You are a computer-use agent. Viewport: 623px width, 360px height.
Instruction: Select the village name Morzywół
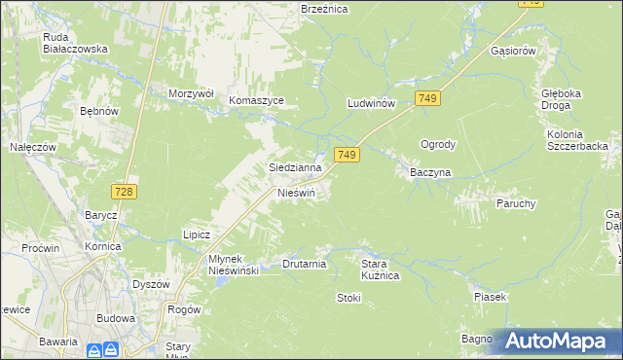[190, 93]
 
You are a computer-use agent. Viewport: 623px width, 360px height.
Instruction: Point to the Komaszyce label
[256, 100]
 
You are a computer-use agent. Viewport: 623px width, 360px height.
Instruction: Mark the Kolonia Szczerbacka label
[577, 139]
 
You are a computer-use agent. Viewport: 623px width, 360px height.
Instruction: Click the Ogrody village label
[438, 144]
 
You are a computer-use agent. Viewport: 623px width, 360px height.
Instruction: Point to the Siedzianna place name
[295, 167]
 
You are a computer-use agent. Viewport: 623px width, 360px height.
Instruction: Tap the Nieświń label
[297, 194]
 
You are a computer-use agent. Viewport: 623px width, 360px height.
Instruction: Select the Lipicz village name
[197, 234]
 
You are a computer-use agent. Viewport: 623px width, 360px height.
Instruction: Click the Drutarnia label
[304, 264]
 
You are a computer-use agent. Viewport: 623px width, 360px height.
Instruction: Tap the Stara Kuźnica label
[381, 270]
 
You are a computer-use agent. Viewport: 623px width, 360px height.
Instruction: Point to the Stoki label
[348, 297]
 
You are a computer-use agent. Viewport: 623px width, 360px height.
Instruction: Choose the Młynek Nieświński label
[220, 265]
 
